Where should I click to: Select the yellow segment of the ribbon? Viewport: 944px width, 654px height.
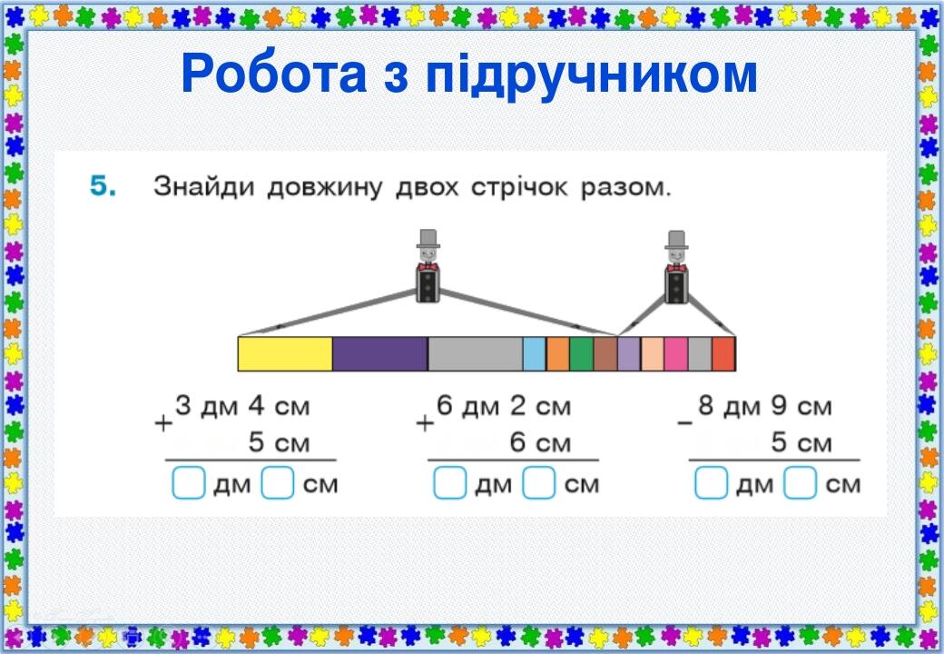pyautogui.click(x=285, y=353)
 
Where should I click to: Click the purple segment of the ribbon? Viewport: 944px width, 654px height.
pyautogui.click(x=379, y=353)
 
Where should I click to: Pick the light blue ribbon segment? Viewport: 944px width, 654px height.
pyautogui.click(x=534, y=353)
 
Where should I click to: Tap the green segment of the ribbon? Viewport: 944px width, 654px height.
pyautogui.click(x=582, y=353)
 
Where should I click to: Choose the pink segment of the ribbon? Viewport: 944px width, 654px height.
pyautogui.click(x=675, y=353)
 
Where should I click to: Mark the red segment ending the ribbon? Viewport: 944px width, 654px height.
pyautogui.click(x=723, y=353)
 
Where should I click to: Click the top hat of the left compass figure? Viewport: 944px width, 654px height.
pyautogui.click(x=428, y=239)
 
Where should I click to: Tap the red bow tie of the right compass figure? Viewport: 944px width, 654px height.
pyautogui.click(x=676, y=268)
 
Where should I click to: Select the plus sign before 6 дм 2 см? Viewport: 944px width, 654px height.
pyautogui.click(x=423, y=423)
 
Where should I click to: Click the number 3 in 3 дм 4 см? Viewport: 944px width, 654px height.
pyautogui.click(x=183, y=406)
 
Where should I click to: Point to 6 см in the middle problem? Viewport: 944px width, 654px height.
pyautogui.click(x=540, y=443)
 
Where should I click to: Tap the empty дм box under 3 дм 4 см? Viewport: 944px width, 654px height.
pyautogui.click(x=189, y=484)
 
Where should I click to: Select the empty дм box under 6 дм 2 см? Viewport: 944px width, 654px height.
pyautogui.click(x=450, y=484)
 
